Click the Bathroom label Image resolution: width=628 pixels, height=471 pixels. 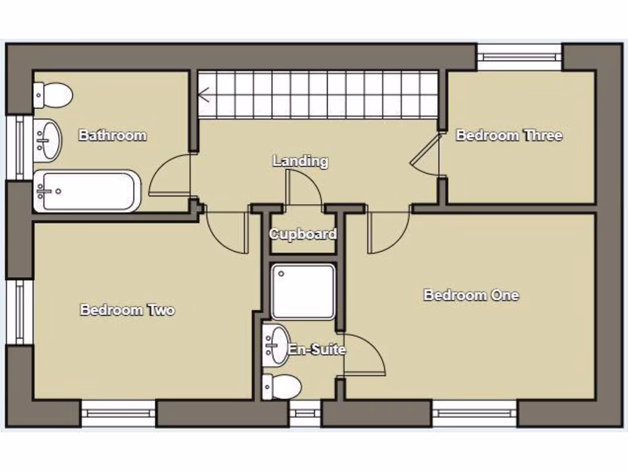[112, 136]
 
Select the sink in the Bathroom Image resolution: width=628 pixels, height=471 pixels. [48, 139]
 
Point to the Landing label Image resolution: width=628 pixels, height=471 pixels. [301, 161]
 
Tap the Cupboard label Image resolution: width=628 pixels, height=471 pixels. [303, 234]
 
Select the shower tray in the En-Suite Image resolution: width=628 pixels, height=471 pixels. [303, 292]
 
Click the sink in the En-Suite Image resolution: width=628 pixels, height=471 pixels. [277, 344]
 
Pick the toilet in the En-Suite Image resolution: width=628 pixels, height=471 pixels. [283, 387]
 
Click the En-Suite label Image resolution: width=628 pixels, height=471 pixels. [317, 350]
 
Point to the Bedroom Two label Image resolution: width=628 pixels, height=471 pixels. [128, 310]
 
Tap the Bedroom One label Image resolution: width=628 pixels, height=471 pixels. [471, 295]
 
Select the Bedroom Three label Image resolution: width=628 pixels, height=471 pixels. [509, 136]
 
